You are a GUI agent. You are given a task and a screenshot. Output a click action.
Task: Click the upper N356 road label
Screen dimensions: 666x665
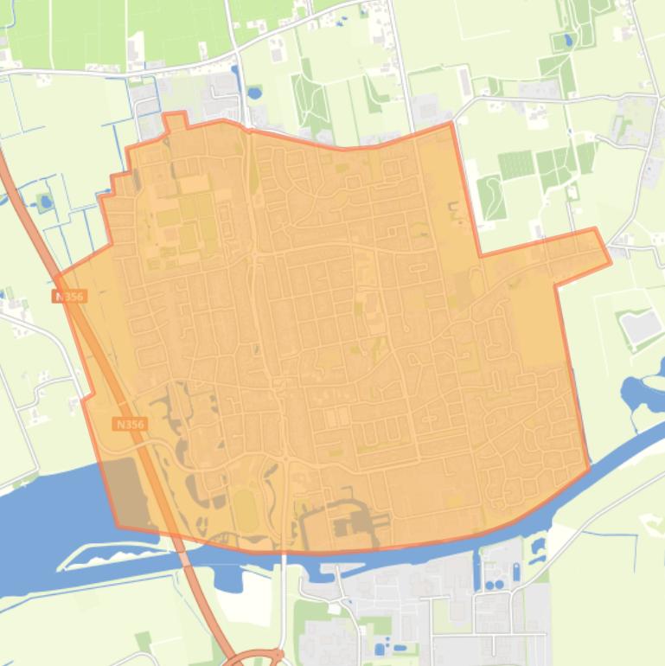[x=68, y=296]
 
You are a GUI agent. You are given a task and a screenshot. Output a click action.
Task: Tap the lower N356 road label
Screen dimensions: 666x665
[x=130, y=425]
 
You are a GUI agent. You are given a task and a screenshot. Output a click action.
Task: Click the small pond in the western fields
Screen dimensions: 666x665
[x=44, y=204]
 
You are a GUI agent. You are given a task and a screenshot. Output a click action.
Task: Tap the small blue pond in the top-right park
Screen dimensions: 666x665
[x=568, y=39]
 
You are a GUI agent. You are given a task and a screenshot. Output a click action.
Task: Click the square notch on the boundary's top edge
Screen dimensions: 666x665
[x=176, y=120]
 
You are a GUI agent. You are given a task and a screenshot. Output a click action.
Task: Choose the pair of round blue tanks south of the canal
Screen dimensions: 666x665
[x=493, y=585]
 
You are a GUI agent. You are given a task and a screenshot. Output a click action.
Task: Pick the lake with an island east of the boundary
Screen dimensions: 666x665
[x=644, y=394]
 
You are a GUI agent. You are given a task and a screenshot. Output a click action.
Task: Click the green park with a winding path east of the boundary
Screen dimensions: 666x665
[x=491, y=196]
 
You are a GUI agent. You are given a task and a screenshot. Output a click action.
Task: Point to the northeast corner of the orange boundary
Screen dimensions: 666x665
[x=451, y=124]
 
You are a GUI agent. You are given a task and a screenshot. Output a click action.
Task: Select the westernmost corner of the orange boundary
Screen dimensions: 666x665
[x=56, y=277]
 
